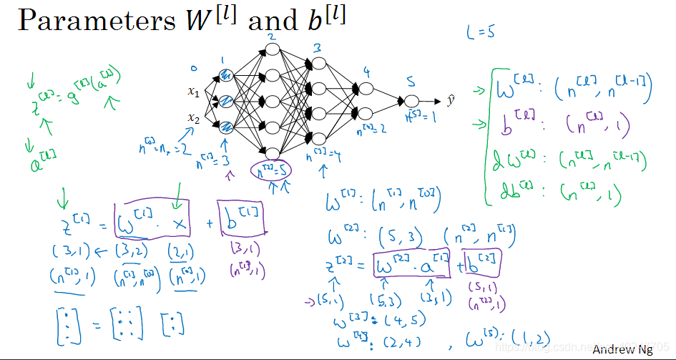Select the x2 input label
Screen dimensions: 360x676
pos(193,117)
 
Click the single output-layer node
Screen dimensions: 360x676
pos(411,102)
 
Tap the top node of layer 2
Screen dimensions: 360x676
pos(271,49)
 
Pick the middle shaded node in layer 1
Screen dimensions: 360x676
pos(226,101)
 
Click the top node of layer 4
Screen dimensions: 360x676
pos(366,89)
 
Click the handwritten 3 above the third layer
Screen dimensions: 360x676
pos(315,49)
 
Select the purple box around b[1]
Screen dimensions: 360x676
pos(241,219)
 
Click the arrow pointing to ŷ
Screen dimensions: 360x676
pos(431,102)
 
